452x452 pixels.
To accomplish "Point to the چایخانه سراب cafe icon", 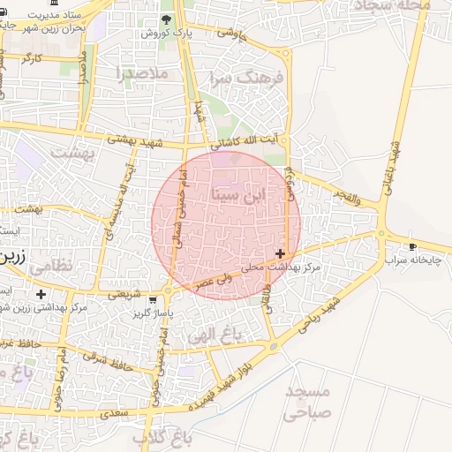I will (412, 246).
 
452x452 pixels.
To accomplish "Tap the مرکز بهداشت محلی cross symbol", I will (281, 253).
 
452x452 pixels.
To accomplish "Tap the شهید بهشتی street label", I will (137, 140).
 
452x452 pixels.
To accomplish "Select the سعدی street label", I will (115, 412).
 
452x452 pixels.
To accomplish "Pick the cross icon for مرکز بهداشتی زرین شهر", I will (41, 294).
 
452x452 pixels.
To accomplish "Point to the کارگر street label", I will (32, 58).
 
